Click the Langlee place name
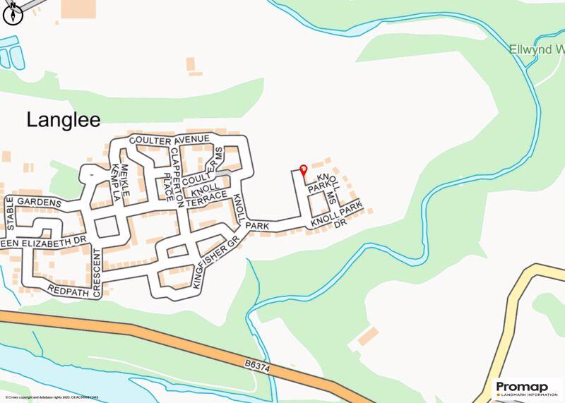click(x=64, y=119)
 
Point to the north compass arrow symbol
click(x=13, y=13)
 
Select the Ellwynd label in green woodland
click(x=536, y=50)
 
